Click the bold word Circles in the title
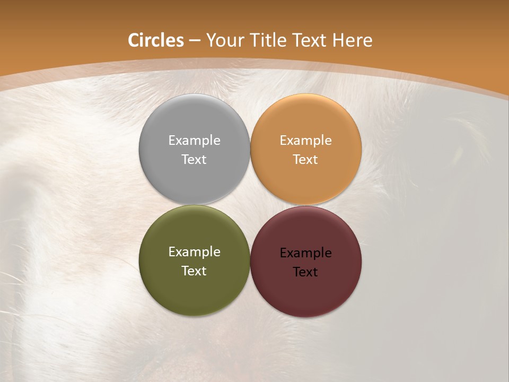156,40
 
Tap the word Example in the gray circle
194,141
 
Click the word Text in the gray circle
194,160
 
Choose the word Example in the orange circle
305,141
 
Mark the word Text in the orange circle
305,160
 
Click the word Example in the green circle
194,252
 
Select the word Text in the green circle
194,271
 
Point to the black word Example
305,253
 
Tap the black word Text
305,272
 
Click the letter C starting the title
134,40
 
